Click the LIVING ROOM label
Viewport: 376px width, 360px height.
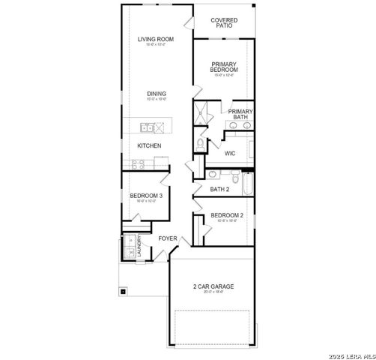[x=156, y=39]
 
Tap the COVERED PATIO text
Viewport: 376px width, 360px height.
[x=224, y=22]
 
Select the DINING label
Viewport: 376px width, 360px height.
[x=157, y=94]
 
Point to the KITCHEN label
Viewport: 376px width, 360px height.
[x=149, y=145]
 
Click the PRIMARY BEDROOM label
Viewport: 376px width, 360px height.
[x=224, y=67]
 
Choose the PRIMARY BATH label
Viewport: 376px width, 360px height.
[x=240, y=114]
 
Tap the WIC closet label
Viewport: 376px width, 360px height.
[x=230, y=154]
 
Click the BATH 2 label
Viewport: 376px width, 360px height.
[x=219, y=189]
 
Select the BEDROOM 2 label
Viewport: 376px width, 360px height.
[x=226, y=215]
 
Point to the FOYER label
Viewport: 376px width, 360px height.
[x=167, y=238]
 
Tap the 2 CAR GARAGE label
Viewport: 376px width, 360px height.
[x=213, y=286]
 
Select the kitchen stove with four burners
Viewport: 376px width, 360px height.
[x=139, y=163]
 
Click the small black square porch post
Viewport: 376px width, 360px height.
[x=122, y=290]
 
